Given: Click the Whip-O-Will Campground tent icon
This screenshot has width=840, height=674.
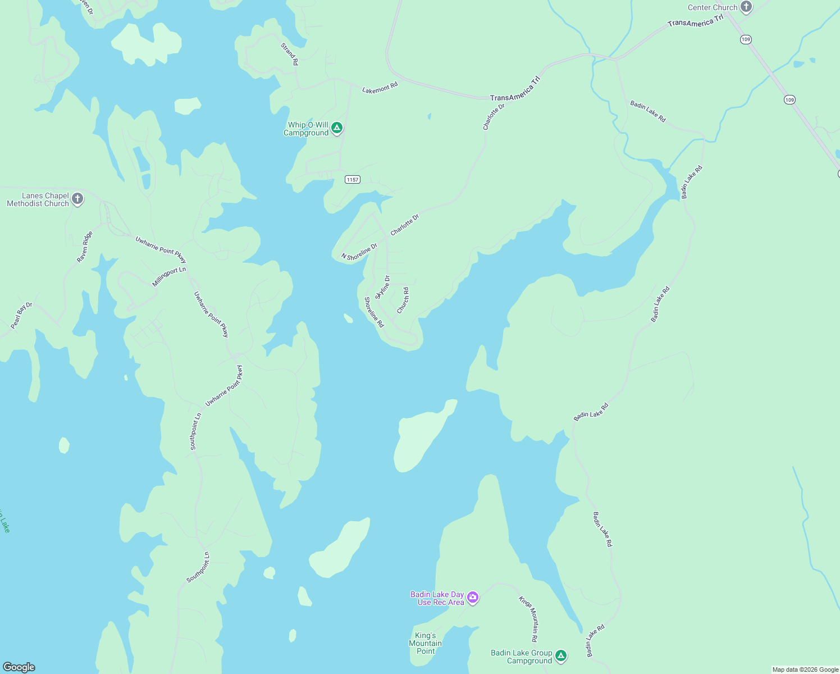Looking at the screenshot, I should (x=337, y=128).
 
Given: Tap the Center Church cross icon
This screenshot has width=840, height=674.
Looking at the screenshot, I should (x=746, y=7).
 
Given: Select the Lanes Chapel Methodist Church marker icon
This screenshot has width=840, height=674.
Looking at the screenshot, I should (x=77, y=199).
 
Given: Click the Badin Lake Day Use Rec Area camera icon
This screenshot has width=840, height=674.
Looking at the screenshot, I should (x=473, y=598).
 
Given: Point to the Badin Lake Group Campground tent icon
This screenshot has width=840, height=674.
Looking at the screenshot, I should (x=560, y=655).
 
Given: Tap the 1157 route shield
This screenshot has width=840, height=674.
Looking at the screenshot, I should (x=352, y=180).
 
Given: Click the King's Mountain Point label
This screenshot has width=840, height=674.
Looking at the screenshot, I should (x=425, y=644).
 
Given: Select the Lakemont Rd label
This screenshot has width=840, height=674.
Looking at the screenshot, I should (x=380, y=88).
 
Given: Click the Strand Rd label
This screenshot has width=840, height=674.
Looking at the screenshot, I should (x=290, y=54).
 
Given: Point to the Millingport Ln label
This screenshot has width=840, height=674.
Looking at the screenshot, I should (x=168, y=276).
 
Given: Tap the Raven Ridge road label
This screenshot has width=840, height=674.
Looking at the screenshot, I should (x=85, y=247).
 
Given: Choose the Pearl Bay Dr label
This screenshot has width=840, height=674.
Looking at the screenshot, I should (x=22, y=316).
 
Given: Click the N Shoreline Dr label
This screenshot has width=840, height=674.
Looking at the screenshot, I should (x=359, y=252).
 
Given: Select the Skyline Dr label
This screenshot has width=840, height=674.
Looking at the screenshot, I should (x=382, y=287).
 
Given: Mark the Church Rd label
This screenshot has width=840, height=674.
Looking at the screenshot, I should (x=403, y=300).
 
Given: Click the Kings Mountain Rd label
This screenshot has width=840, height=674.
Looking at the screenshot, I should (x=528, y=619).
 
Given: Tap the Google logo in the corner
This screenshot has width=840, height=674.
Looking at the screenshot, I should (x=19, y=667).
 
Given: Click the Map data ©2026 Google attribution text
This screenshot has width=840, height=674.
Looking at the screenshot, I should (x=805, y=670).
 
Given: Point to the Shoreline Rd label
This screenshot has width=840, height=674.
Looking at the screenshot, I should (x=374, y=312).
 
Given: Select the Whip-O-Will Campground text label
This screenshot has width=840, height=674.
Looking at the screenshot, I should (x=306, y=129).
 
